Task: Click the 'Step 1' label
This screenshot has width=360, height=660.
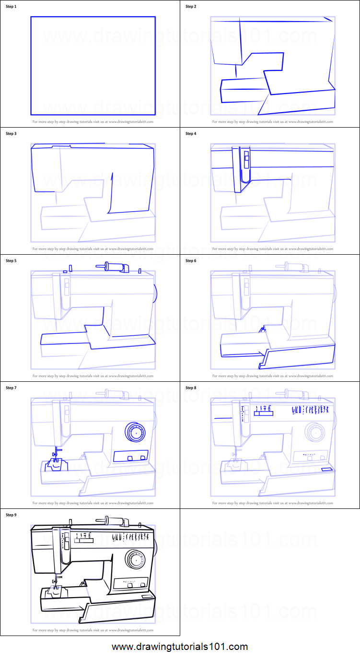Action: click(11, 7)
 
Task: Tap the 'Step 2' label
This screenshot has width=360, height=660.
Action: click(191, 7)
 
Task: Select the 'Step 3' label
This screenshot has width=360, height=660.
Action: click(11, 134)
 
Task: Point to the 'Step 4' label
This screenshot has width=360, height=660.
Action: click(191, 134)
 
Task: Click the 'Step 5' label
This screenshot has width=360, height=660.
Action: click(11, 261)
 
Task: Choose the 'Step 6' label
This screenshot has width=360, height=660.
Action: click(191, 261)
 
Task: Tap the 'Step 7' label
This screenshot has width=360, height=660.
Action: click(11, 388)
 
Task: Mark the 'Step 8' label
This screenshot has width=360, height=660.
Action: click(191, 388)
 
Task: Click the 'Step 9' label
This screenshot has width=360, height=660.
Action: click(11, 515)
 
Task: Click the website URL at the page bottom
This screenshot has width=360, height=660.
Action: click(180, 647)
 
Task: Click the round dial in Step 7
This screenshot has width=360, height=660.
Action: click(135, 432)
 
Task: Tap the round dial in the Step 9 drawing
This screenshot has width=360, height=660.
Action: click(135, 559)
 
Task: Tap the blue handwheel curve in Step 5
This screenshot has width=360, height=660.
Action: click(156, 292)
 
